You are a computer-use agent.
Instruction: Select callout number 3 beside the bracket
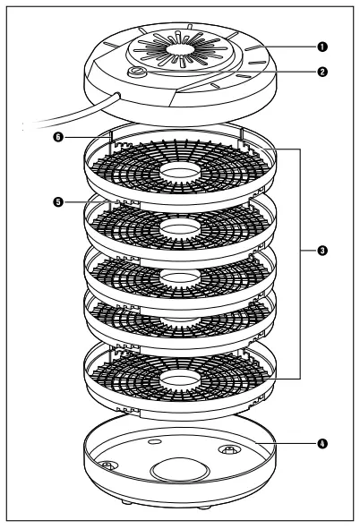point(320,251)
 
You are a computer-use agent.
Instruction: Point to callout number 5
point(58,201)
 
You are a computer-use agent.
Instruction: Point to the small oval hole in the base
point(155,441)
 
